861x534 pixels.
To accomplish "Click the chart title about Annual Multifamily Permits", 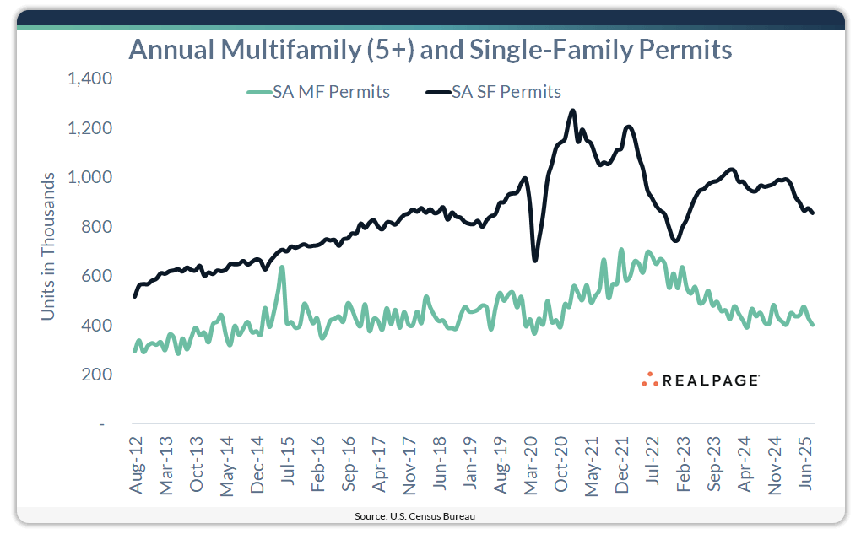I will coord(430,50).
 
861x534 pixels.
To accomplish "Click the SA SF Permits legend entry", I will coord(494,92).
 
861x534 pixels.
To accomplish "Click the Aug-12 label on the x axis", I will coord(136,466).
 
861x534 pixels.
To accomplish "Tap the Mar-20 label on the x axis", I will coord(532,466).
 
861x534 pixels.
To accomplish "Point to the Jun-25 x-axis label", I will coord(806,466).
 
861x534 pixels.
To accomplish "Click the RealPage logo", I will coord(700,380).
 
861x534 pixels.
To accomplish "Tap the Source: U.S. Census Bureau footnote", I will coord(430,515).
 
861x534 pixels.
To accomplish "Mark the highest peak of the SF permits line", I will coord(572,111).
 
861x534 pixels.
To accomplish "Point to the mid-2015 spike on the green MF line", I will coord(281,268).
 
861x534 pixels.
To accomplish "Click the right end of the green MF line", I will coord(812,325).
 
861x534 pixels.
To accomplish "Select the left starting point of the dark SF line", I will coord(135,296).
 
